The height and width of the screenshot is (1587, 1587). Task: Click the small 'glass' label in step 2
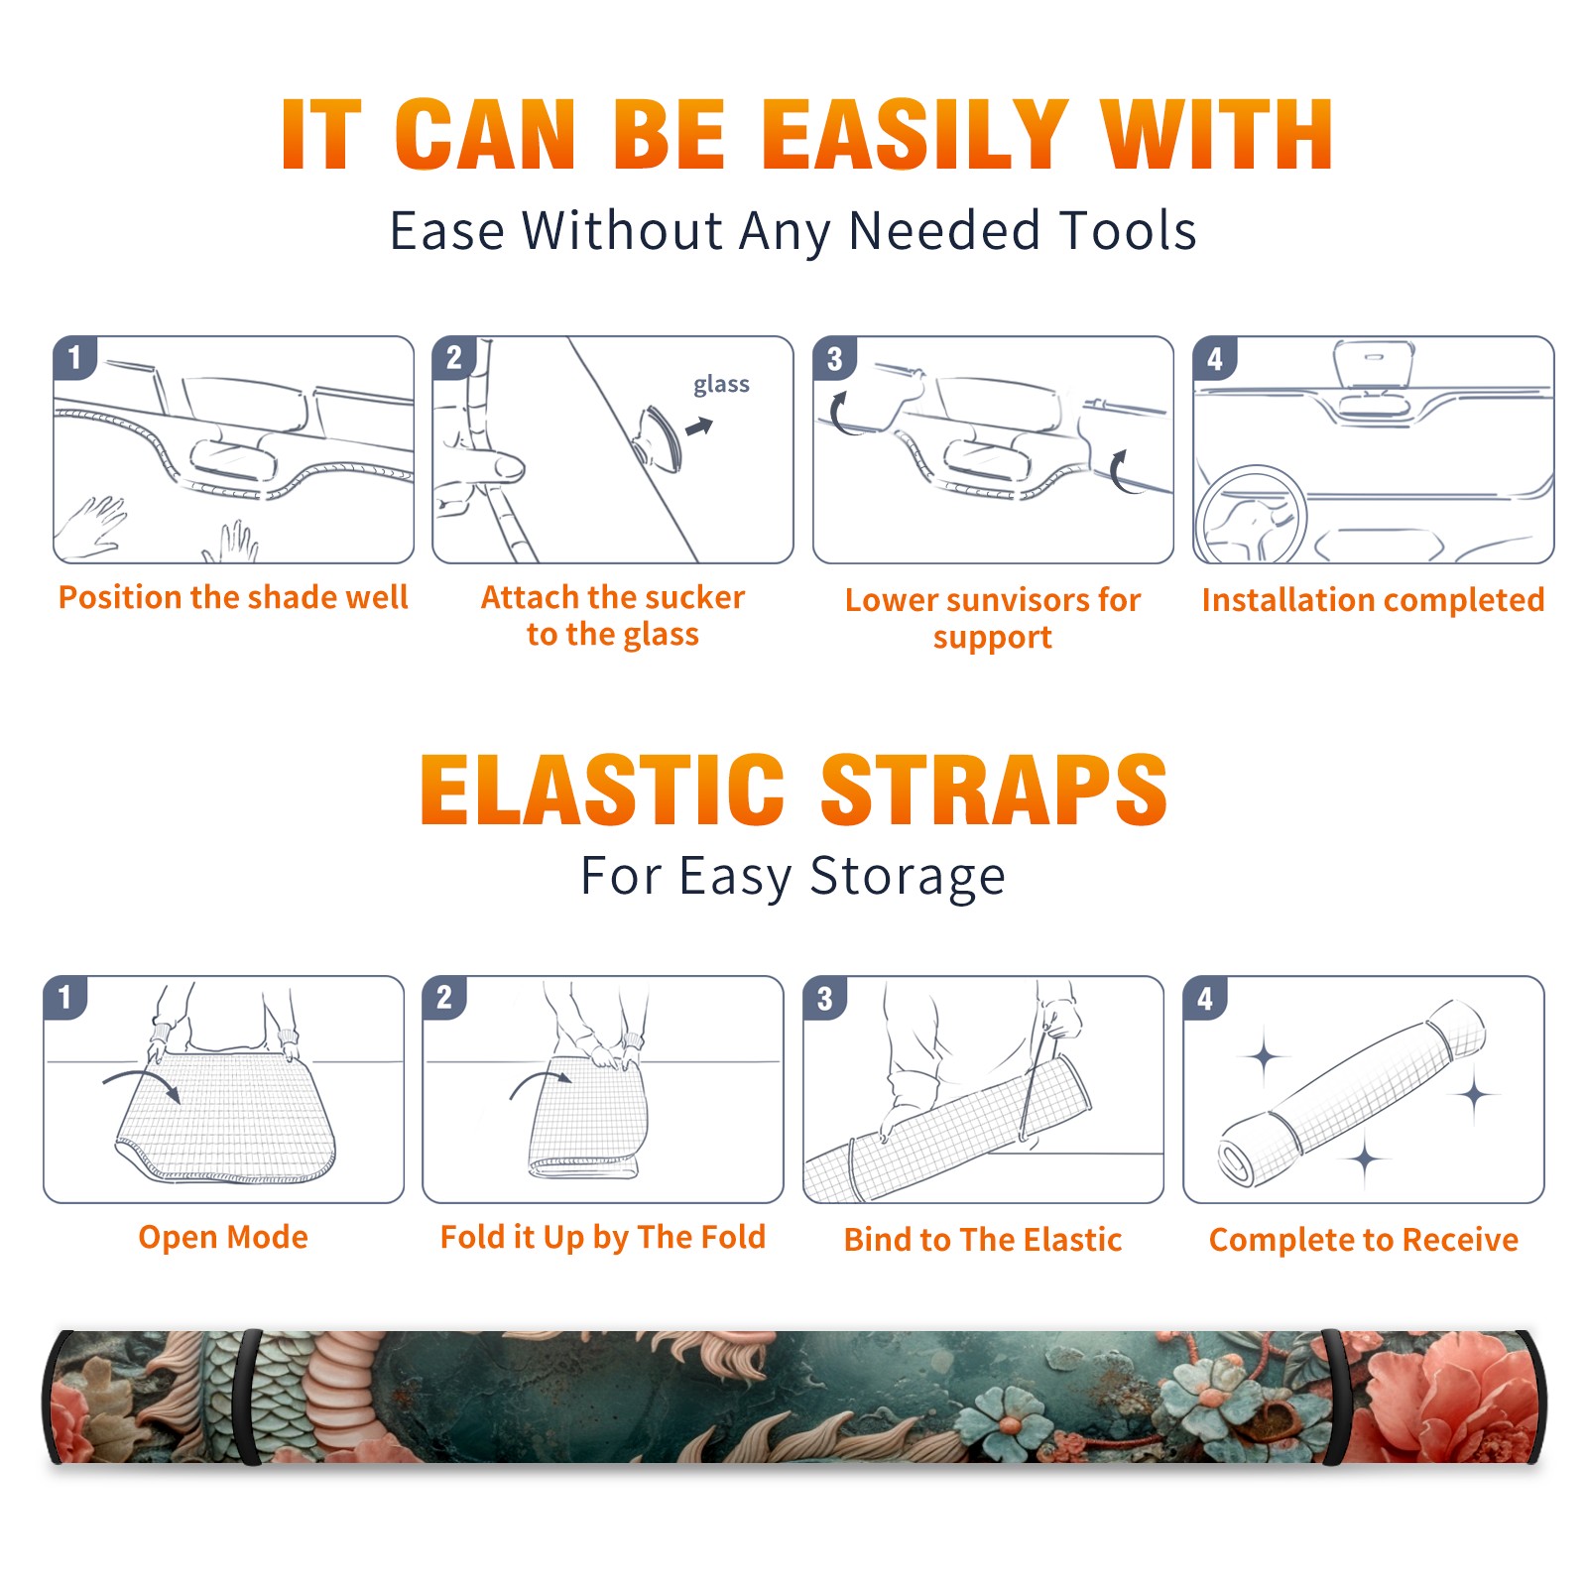(721, 385)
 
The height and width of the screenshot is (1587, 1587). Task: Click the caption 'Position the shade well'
(233, 597)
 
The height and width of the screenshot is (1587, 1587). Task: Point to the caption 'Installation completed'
(1373, 599)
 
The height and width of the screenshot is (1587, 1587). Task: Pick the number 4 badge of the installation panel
(1215, 358)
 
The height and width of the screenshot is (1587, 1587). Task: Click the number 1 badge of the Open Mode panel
(65, 997)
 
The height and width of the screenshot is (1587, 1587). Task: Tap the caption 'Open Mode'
(223, 1237)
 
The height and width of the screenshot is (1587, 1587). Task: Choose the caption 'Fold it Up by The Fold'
(603, 1237)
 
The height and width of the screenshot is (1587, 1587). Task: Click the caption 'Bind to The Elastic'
(983, 1239)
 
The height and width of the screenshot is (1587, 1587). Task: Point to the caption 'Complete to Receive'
(1364, 1239)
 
